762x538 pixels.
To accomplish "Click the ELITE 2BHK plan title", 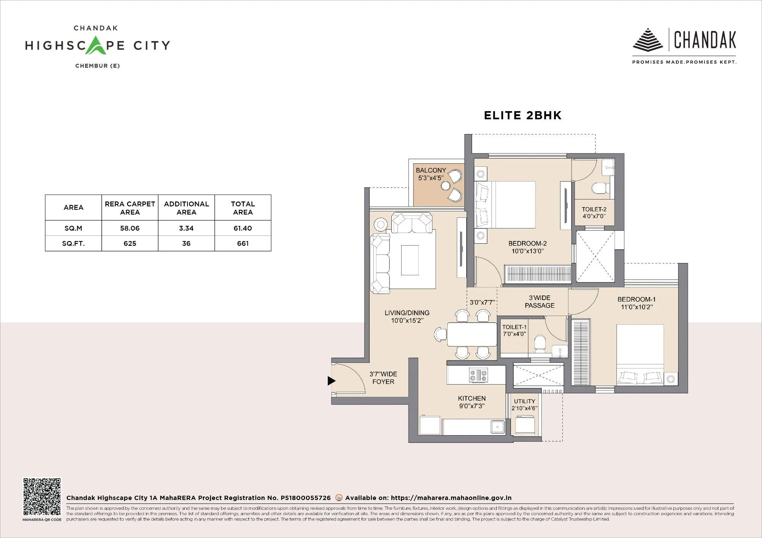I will click(522, 116).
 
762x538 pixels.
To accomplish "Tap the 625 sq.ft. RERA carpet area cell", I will click(130, 243).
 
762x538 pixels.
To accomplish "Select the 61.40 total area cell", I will click(243, 228).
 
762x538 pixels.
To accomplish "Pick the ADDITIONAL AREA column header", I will click(186, 208).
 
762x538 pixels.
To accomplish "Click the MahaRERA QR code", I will click(42, 497).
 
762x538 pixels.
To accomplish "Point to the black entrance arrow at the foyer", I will click(331, 380).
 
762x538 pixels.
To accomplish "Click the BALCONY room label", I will click(431, 170).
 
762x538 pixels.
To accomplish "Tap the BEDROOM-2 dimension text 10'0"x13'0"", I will click(527, 251).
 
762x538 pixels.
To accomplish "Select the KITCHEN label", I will click(472, 398).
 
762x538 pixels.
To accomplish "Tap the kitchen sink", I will click(497, 427).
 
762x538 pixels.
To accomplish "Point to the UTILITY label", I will click(524, 401).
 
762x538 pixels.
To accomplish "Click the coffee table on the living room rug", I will click(410, 260).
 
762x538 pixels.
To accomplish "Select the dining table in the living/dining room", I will click(472, 334).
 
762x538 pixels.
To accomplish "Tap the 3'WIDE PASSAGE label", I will click(539, 302).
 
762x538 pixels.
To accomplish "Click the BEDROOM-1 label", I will click(636, 299).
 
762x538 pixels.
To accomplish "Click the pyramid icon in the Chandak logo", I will click(648, 40).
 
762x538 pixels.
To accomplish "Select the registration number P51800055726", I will click(306, 498).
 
